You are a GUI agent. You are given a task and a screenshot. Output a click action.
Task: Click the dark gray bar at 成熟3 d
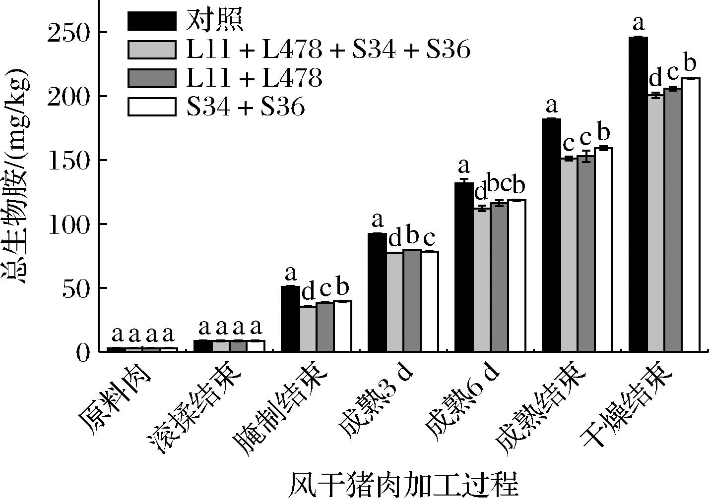(412, 300)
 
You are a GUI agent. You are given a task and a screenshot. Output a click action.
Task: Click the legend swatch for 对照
(152, 21)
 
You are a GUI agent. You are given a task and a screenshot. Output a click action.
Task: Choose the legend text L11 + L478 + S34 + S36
(328, 50)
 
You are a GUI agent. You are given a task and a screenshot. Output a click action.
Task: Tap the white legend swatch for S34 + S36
(152, 107)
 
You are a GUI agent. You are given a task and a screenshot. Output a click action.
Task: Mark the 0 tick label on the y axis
(82, 352)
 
